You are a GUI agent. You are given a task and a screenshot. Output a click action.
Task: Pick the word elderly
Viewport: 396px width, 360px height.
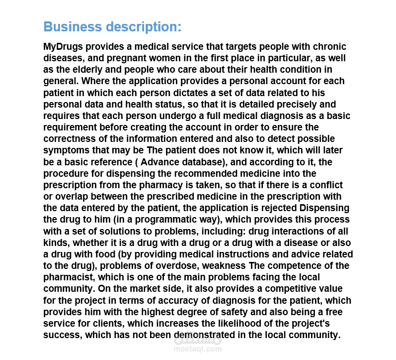[x=87, y=70]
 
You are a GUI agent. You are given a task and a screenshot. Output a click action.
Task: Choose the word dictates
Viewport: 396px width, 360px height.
[x=212, y=93]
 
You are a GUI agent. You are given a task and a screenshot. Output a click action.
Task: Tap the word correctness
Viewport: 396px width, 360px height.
[x=70, y=139]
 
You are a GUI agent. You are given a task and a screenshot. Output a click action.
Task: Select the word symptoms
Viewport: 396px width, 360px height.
[x=64, y=150]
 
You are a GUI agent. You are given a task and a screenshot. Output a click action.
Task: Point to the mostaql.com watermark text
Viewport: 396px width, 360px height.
[x=197, y=349]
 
